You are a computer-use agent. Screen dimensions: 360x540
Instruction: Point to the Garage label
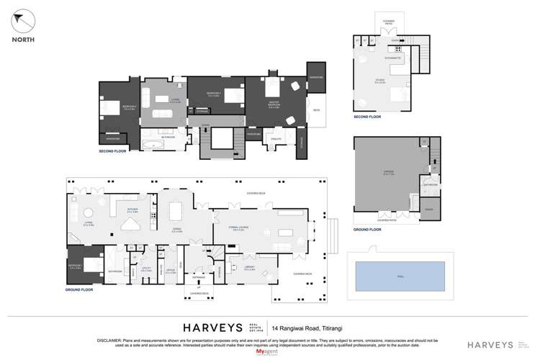(x=389, y=174)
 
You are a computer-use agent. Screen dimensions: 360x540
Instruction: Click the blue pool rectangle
(x=400, y=276)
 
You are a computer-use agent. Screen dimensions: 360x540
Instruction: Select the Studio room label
(x=379, y=82)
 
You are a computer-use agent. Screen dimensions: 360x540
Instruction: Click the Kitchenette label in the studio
(x=392, y=57)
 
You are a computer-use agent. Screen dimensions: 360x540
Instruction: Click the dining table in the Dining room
(x=176, y=211)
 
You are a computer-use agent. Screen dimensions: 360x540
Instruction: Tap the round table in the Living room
(x=88, y=212)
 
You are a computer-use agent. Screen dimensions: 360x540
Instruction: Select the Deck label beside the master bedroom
(x=316, y=110)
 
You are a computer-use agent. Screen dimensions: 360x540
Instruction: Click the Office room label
(x=170, y=273)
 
